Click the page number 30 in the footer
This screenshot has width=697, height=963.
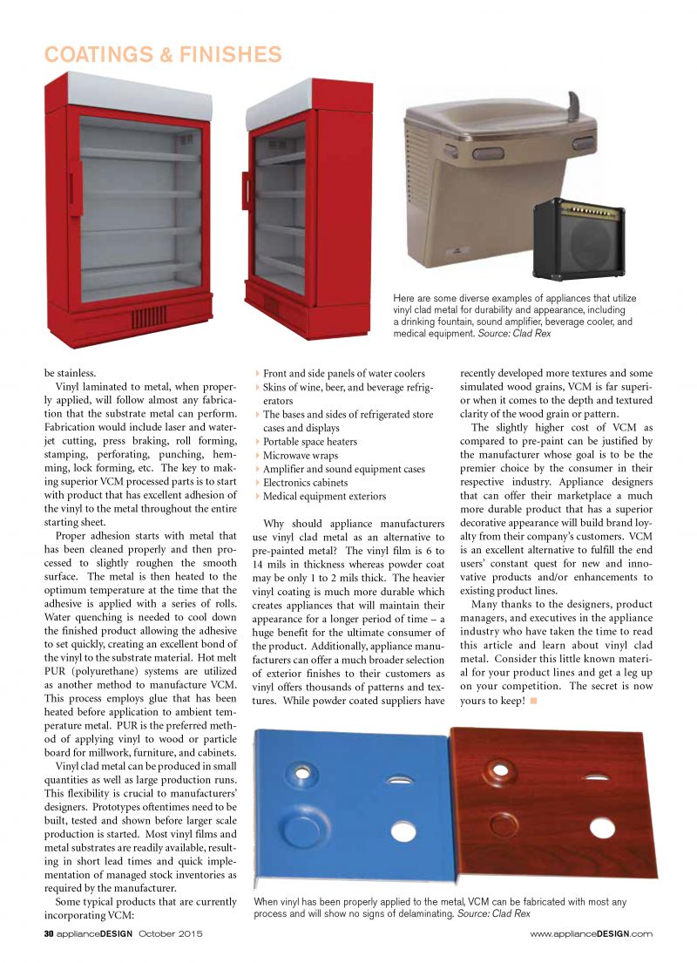[50, 933]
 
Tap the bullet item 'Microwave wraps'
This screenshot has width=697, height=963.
[300, 456]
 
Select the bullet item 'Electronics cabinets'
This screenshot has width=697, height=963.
[305, 483]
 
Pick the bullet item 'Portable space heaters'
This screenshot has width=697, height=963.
[309, 442]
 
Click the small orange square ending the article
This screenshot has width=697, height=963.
[533, 702]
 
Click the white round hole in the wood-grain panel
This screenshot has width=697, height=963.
[601, 827]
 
